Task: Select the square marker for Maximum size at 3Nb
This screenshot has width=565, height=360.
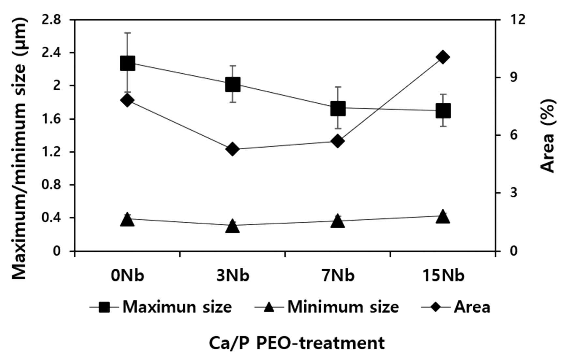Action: pos(233,84)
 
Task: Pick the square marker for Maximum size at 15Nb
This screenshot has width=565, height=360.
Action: pos(443,111)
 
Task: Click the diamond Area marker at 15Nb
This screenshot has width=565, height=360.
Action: pos(443,57)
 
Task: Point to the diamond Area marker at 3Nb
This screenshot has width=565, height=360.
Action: pos(233,149)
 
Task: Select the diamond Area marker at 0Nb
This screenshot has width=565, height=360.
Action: pos(128,100)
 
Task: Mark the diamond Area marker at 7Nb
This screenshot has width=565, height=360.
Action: pos(338,141)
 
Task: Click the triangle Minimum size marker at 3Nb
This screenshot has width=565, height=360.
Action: pos(233,225)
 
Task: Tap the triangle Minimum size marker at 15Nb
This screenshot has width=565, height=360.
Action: pos(443,216)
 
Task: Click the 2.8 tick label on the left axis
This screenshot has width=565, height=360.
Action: pos(52,20)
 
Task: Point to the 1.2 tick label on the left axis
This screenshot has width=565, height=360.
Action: pos(52,152)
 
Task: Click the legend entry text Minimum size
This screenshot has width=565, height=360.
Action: pos(343,307)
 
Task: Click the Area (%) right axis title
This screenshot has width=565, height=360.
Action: pos(548,135)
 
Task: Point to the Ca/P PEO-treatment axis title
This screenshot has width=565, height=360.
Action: pos(297,343)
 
